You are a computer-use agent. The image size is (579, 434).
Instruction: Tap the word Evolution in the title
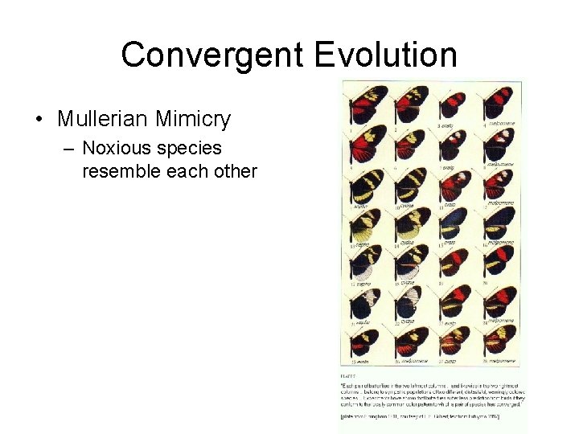point(386,55)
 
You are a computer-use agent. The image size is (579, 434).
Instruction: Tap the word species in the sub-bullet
point(191,149)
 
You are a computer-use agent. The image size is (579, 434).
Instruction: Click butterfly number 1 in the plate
point(367,104)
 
